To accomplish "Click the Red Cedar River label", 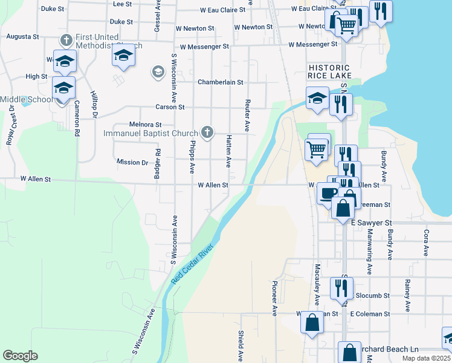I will tap(193, 264).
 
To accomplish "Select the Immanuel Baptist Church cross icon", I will tap(207, 132).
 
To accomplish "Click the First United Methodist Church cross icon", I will tap(66, 41).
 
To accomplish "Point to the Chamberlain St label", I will tap(221, 82).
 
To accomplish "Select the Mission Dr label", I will tap(132, 162).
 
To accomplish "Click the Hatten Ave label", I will tap(228, 151).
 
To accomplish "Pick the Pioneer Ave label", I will tap(274, 298).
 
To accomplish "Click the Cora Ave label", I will tap(426, 242).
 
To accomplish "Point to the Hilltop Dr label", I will tap(94, 104).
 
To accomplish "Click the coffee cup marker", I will tap(328, 193).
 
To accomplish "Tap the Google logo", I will tap(20, 356).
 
